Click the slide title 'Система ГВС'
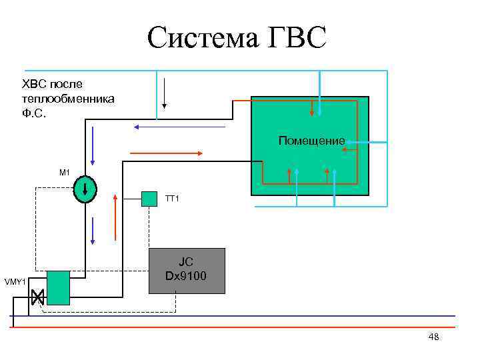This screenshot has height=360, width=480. [x=237, y=38]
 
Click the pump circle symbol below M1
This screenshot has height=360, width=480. [x=85, y=189]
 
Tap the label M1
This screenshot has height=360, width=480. [x=65, y=173]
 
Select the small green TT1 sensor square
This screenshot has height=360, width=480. [x=149, y=199]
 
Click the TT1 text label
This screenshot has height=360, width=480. [x=173, y=199]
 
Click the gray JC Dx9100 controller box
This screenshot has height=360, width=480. [x=186, y=271]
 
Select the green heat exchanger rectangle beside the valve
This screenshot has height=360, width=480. [x=59, y=288]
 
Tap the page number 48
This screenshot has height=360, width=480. [x=433, y=337]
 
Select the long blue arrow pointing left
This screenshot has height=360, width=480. [x=179, y=126]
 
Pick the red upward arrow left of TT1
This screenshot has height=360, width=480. [x=116, y=217]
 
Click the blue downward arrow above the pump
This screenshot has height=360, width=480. [x=93, y=146]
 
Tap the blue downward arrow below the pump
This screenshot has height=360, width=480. [x=93, y=230]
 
